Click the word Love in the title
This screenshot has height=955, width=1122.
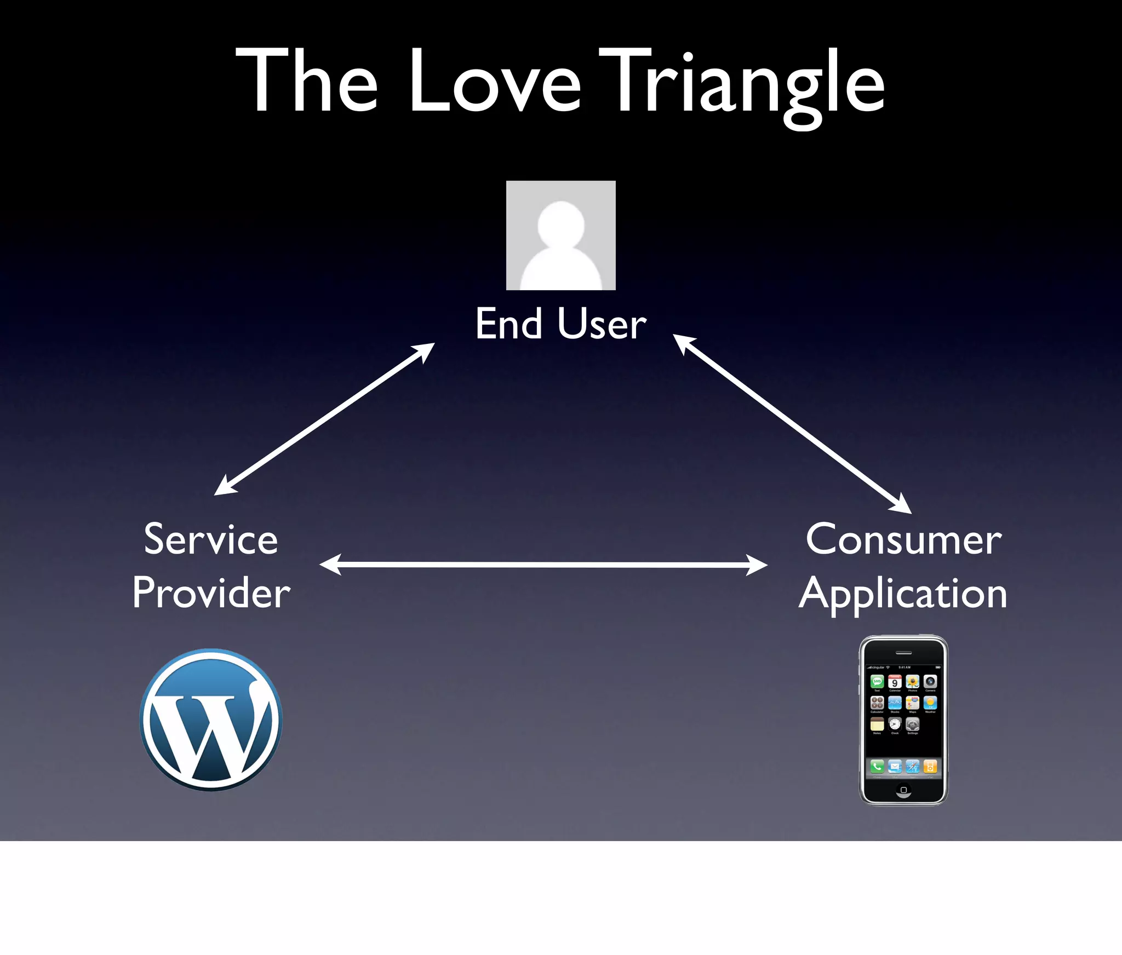tap(495, 82)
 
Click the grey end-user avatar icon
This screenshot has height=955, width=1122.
tap(560, 235)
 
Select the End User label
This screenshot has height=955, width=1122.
tap(560, 324)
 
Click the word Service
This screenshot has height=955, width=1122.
tap(211, 540)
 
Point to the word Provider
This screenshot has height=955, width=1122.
tap(211, 593)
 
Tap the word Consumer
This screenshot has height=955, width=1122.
tap(903, 540)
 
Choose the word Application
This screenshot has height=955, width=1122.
tap(903, 594)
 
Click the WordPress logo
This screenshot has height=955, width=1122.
tap(211, 720)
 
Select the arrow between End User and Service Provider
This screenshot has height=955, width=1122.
tap(324, 419)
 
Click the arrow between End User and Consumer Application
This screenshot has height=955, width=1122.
tap(792, 424)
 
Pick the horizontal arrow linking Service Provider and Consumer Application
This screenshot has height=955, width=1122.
tap(543, 565)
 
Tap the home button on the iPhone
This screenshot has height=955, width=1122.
tap(903, 790)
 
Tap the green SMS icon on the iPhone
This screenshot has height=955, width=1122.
tap(877, 682)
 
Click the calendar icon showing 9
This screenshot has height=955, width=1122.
tap(895, 682)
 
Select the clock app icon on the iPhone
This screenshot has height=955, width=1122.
tap(895, 724)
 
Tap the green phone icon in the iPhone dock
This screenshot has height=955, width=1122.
tap(877, 767)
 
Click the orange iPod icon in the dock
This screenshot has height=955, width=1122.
tap(930, 767)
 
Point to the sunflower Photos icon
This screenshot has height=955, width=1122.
tap(913, 682)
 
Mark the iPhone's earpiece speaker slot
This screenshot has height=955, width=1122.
tap(903, 653)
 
